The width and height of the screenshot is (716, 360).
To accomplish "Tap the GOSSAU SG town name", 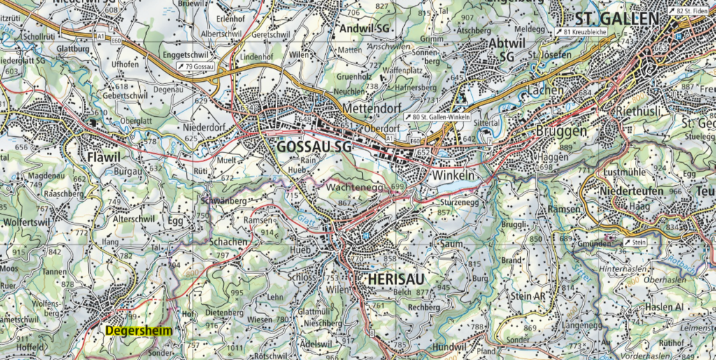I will [313, 147].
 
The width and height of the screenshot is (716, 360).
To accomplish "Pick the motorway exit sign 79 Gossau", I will [194, 65].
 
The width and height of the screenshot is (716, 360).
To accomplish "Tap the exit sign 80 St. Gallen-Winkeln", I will [436, 117].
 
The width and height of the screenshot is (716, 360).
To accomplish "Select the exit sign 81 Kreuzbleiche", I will [580, 32].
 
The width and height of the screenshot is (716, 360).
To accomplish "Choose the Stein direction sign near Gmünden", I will [634, 242].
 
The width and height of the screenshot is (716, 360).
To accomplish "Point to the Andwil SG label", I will [363, 28].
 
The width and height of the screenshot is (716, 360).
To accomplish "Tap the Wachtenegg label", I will [355, 189].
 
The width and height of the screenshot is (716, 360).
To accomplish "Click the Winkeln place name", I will [454, 173].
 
